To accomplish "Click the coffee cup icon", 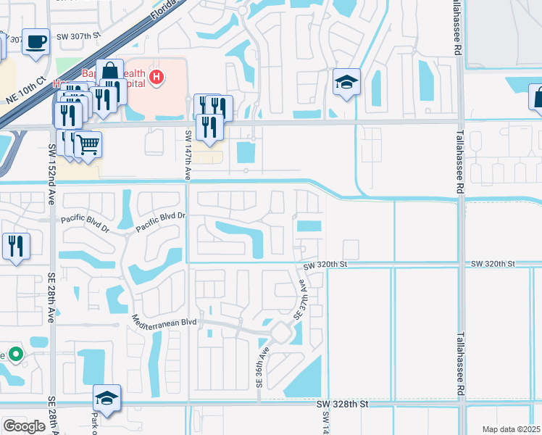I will pos(35,41).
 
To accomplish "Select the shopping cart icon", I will pos(88,144).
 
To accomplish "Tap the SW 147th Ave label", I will pos(187,154).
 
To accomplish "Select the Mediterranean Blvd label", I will pos(164,320).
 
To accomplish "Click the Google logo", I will pos(24,426).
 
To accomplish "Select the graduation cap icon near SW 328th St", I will pos(107,397).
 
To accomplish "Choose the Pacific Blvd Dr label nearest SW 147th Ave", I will pos(162,216).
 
